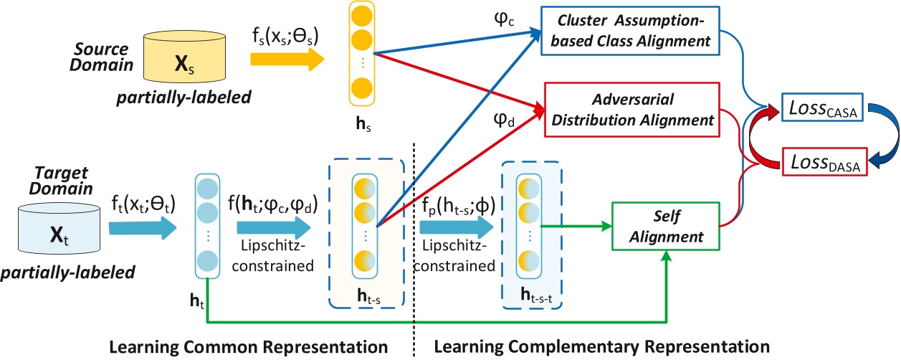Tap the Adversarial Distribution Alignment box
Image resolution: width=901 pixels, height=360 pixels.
click(x=631, y=108)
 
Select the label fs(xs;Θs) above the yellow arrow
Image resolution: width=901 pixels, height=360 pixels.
click(x=285, y=37)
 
